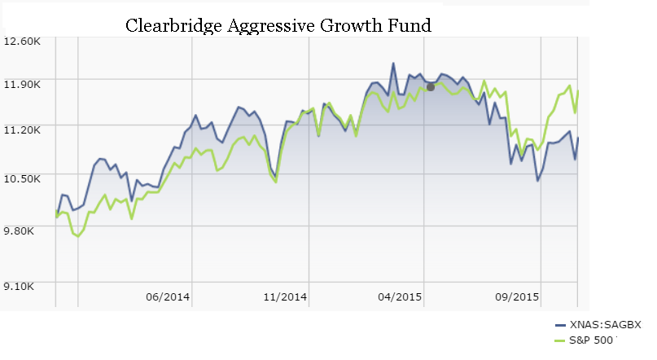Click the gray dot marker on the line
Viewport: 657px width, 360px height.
click(x=431, y=86)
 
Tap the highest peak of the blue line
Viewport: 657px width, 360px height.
click(x=393, y=63)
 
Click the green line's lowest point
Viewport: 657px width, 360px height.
click(x=78, y=237)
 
